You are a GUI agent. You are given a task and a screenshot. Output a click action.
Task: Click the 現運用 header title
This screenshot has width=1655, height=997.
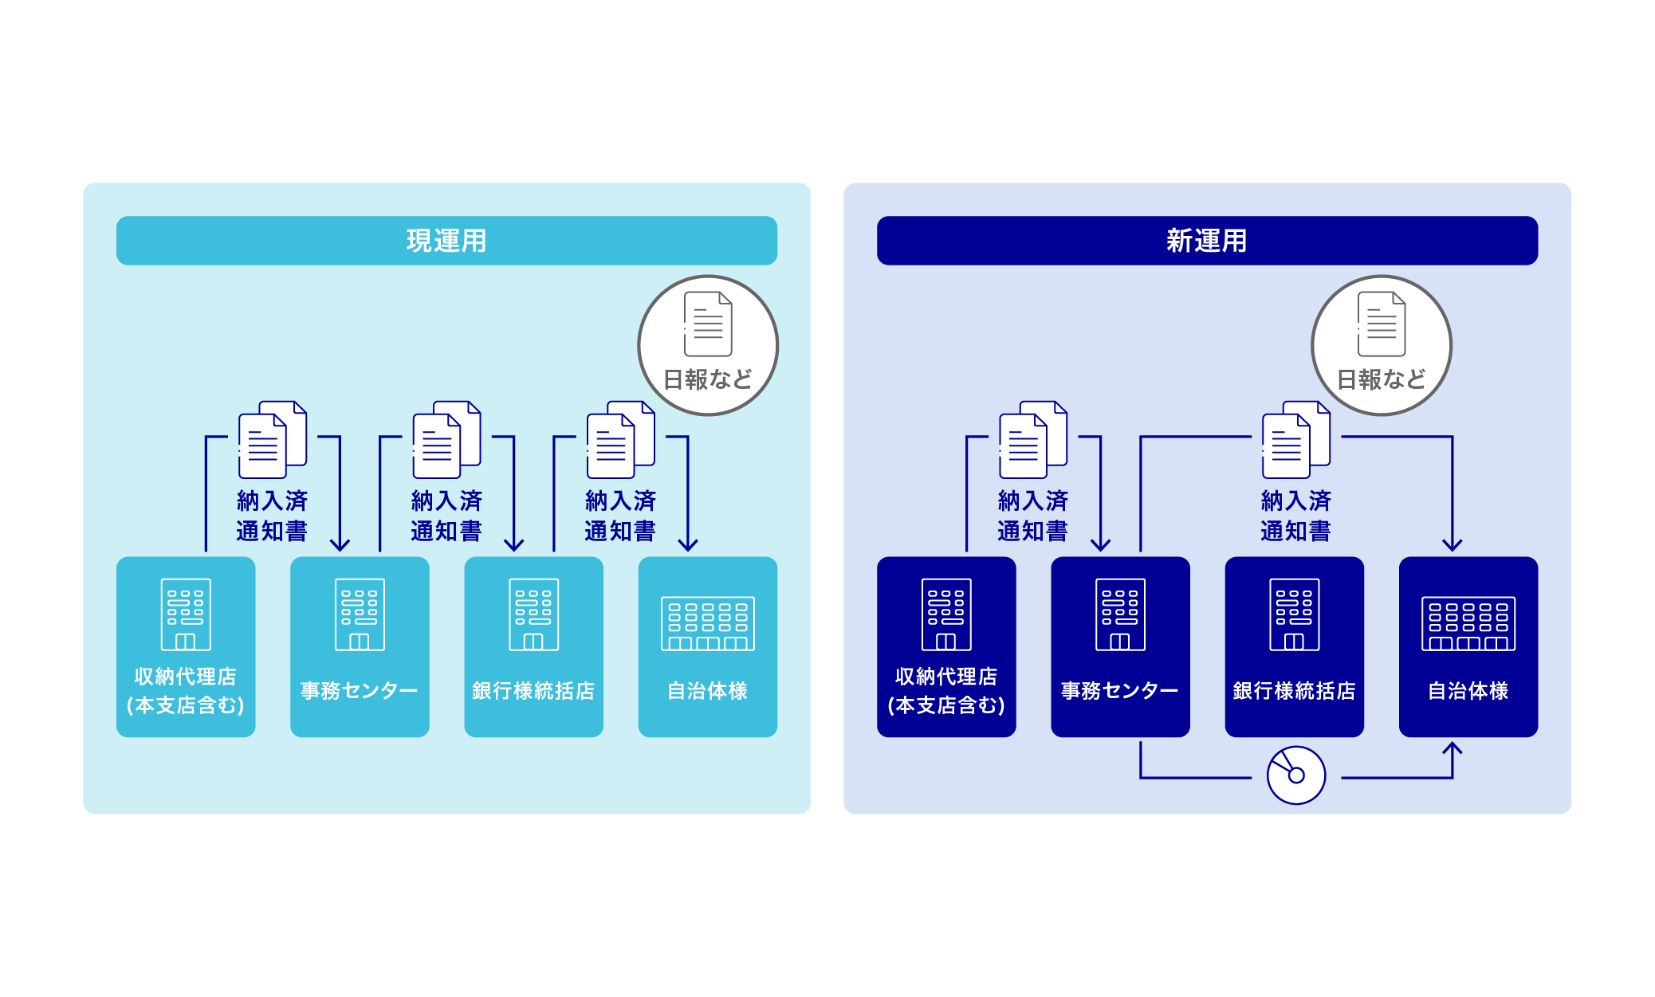[x=446, y=241]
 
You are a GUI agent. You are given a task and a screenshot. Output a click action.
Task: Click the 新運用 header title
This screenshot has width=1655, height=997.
[x=1206, y=241]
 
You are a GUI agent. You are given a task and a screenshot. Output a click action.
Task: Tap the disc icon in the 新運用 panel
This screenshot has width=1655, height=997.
[x=1295, y=775]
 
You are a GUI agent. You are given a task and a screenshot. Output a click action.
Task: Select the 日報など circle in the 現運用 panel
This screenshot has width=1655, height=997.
[x=708, y=346]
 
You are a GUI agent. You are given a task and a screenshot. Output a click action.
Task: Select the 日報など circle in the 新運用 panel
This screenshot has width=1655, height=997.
[x=1382, y=346]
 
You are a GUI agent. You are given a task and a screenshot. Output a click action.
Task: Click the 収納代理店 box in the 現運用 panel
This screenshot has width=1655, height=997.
[x=186, y=646]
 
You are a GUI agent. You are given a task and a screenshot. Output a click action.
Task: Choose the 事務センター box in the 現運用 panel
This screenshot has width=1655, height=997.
[x=360, y=646]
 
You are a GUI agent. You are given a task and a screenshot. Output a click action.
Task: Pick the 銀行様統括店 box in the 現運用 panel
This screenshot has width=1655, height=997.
[x=533, y=646]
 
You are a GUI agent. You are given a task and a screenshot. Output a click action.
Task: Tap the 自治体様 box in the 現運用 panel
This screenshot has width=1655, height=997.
[x=707, y=646]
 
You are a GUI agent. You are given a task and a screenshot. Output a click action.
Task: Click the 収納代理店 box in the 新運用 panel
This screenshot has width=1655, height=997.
[x=946, y=646]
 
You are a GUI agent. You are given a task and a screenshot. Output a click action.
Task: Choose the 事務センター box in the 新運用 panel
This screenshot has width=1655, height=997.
[x=1120, y=646]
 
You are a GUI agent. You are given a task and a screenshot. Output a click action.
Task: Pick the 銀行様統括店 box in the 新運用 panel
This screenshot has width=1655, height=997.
[x=1294, y=646]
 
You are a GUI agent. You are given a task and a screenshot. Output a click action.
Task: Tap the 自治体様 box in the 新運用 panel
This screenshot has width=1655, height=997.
[x=1468, y=646]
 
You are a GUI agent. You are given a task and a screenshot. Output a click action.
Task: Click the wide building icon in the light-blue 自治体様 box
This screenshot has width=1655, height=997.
[x=707, y=624]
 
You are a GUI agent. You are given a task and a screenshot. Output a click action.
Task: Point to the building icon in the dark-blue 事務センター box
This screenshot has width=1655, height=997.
[x=1120, y=614]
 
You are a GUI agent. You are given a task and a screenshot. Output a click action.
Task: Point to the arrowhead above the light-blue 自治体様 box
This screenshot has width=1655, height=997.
[x=688, y=545]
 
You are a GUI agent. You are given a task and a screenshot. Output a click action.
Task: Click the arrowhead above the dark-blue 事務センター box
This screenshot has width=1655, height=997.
[x=1100, y=545]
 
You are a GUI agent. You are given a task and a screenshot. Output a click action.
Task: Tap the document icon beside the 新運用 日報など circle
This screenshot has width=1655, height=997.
[x=1295, y=440]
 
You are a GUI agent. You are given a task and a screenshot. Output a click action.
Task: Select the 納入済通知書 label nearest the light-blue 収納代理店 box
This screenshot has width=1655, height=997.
[x=272, y=516]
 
